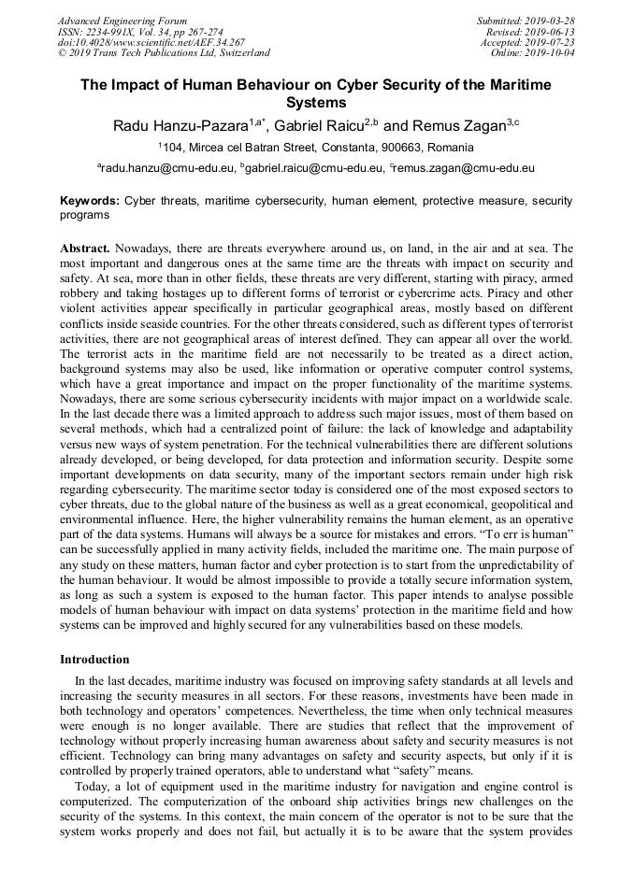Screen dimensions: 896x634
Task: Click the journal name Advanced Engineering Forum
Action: [122, 21]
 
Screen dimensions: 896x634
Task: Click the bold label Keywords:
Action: [90, 201]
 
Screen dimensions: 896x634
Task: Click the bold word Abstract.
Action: [86, 249]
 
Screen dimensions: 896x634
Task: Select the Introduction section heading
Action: [94, 660]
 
